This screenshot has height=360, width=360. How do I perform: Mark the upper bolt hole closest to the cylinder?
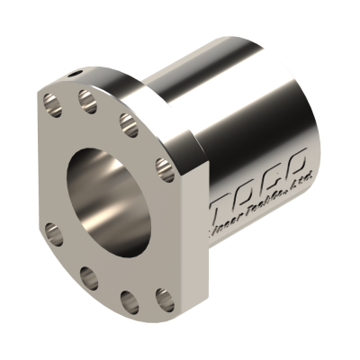(x=162, y=164)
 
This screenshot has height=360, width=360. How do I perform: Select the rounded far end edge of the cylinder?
(x=310, y=117)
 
